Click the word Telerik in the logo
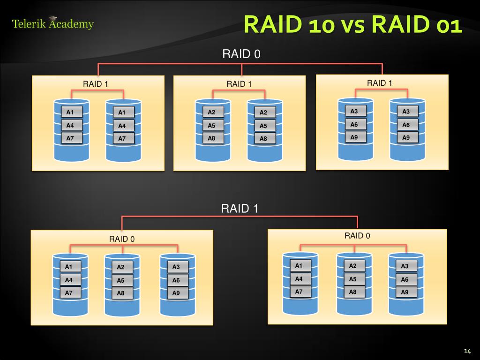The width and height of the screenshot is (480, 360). tap(29, 23)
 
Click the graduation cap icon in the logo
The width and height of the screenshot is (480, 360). tap(53, 19)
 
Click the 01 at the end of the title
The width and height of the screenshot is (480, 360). tap(449, 25)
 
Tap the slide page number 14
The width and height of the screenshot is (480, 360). tap(467, 351)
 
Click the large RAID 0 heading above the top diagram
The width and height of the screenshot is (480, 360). tap(241, 54)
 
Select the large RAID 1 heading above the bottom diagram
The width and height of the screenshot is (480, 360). tap(240, 209)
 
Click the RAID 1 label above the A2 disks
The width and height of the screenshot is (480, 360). tap(239, 84)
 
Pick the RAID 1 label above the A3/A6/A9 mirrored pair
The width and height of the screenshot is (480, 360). tap(379, 83)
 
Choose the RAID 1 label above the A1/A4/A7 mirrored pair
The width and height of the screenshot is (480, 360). tap(96, 84)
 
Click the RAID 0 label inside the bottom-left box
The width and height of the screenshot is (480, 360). tap(122, 239)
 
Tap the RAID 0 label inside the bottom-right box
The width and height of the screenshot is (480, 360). tap(357, 235)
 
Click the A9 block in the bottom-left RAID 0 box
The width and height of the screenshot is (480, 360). tap(176, 293)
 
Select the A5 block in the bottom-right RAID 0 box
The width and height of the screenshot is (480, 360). tap(352, 279)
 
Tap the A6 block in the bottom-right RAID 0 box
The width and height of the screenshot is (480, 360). tap(405, 279)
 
